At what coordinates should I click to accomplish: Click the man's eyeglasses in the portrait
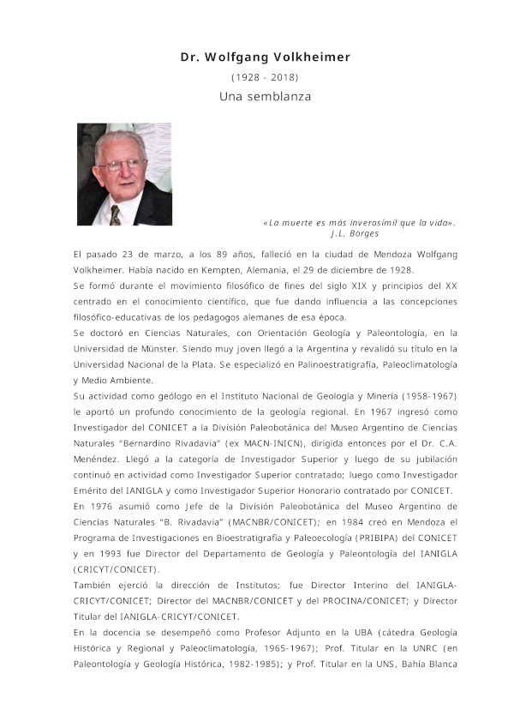(121, 163)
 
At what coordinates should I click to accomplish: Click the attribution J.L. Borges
(354, 233)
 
